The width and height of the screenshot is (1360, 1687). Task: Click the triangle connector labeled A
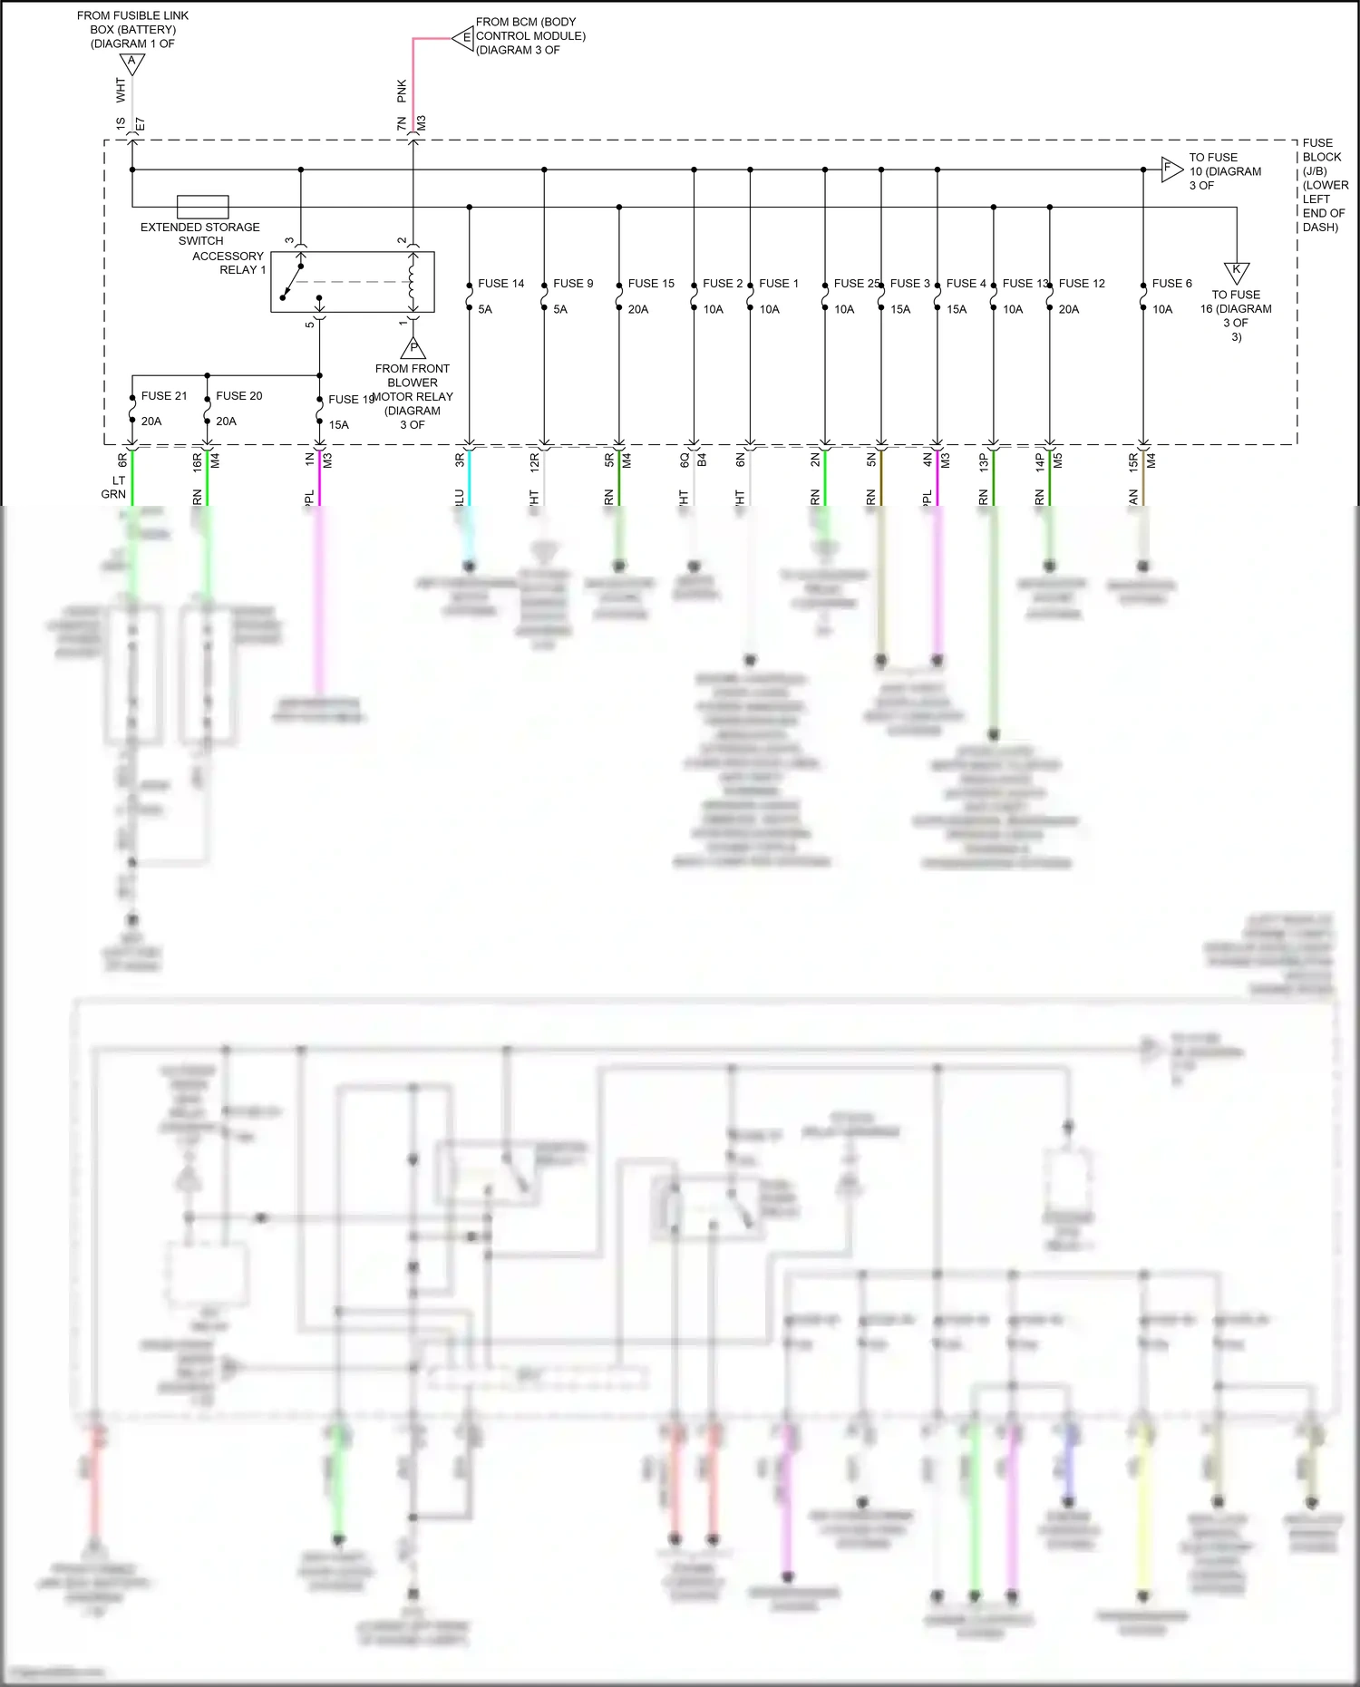coord(132,64)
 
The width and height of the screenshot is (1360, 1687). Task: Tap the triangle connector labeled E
coord(464,38)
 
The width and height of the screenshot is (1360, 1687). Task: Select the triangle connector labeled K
coord(1237,272)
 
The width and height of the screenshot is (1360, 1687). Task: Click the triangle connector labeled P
coord(413,348)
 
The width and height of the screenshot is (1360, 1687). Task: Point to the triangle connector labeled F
coord(1171,169)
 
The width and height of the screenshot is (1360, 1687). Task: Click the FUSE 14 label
coord(500,284)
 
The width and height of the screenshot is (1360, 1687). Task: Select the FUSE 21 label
coord(164,396)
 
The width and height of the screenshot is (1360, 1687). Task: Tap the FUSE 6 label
coord(1171,284)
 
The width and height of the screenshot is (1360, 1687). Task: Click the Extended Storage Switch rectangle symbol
coord(202,207)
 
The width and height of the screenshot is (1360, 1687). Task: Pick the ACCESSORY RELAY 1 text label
coord(228,263)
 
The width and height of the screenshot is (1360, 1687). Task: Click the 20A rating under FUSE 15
coord(638,309)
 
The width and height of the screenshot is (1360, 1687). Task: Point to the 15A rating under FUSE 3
coord(900,309)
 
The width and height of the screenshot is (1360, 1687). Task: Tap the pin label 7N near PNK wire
coord(402,123)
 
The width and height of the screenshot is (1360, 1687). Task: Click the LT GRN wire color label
coord(114,488)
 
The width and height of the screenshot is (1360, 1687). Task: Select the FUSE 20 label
coord(238,396)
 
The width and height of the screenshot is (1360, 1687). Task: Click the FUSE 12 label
coord(1082,284)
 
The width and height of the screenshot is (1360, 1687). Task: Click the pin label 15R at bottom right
coord(1132,461)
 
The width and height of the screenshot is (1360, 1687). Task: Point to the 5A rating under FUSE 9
coord(560,309)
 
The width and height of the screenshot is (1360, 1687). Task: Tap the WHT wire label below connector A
coord(121,89)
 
